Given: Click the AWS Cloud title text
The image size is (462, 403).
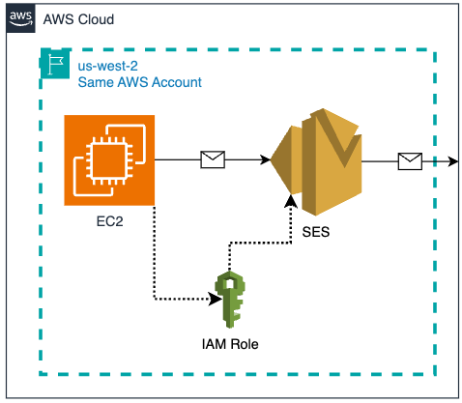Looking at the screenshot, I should pyautogui.click(x=78, y=20).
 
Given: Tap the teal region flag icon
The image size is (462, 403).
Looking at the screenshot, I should pyautogui.click(x=53, y=66).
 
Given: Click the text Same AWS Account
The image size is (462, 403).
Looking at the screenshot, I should pyautogui.click(x=140, y=82).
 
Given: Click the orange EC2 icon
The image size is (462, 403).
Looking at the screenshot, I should pyautogui.click(x=110, y=159).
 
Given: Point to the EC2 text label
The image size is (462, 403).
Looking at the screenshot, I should pyautogui.click(x=109, y=221).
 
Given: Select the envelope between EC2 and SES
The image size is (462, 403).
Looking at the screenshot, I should pyautogui.click(x=212, y=159).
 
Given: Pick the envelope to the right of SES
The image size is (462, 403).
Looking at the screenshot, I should pyautogui.click(x=410, y=159).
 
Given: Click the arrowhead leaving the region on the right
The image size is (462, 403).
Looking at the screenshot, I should pyautogui.click(x=454, y=159).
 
